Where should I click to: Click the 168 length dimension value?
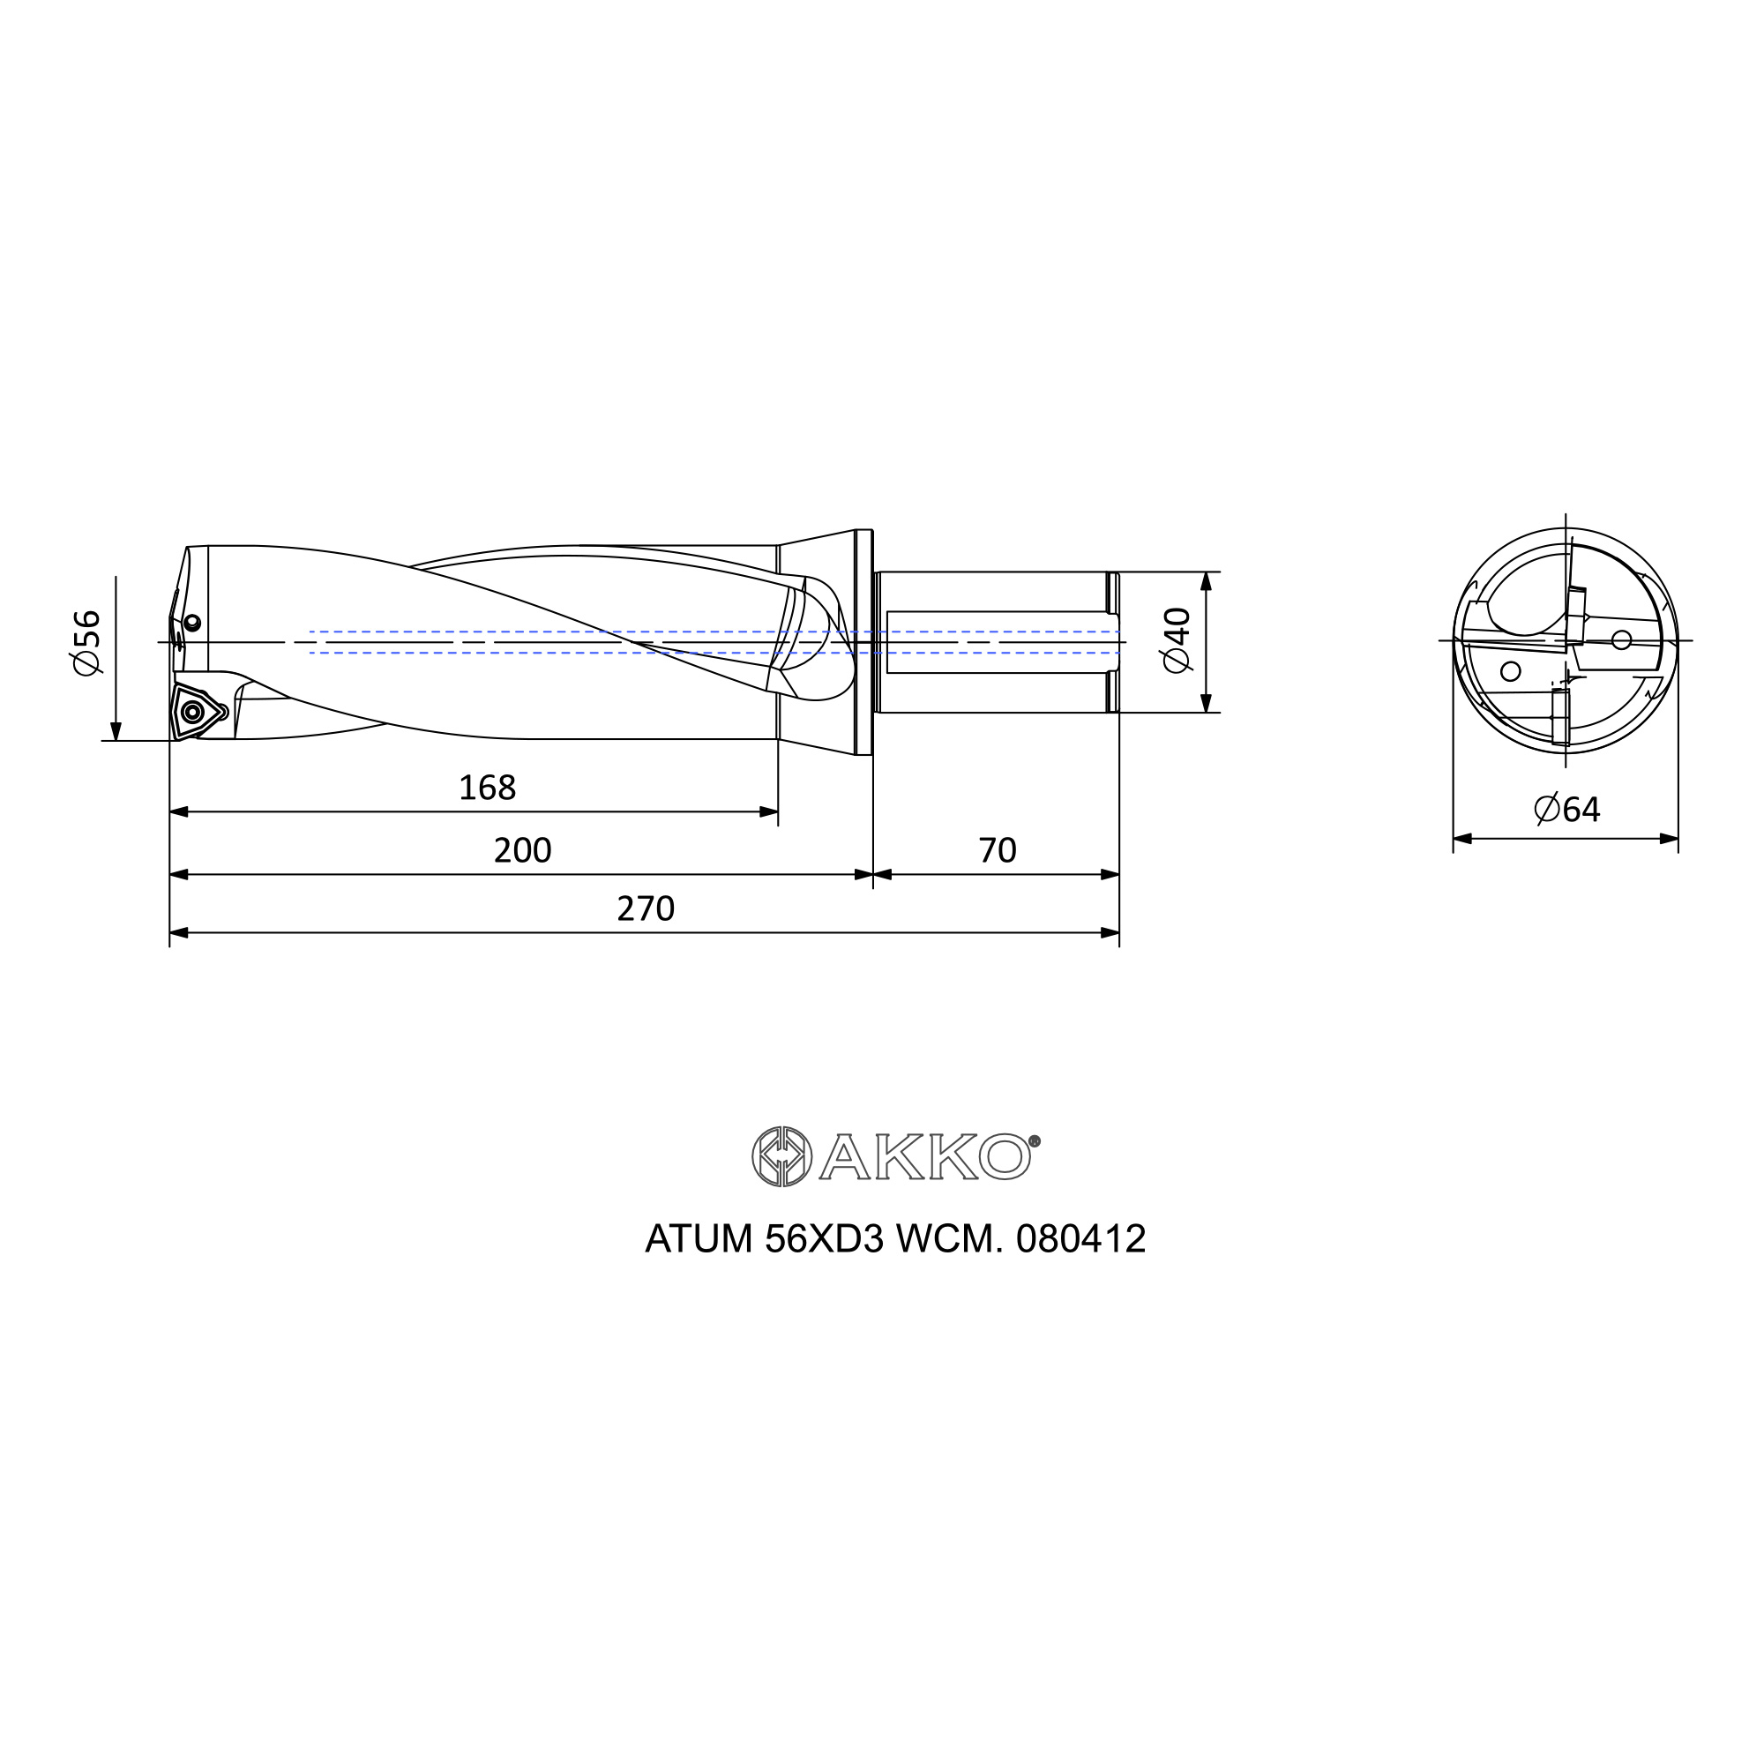pyautogui.click(x=487, y=787)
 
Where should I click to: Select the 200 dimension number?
pyautogui.click(x=522, y=850)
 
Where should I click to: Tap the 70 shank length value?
pyautogui.click(x=997, y=850)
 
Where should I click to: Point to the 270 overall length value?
pyautogui.click(x=646, y=908)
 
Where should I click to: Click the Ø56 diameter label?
pyautogui.click(x=86, y=643)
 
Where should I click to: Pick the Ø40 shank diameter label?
pyautogui.click(x=1177, y=639)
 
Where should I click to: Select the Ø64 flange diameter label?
pyautogui.click(x=1566, y=809)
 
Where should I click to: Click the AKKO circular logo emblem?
pyautogui.click(x=781, y=1157)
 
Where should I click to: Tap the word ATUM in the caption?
pyautogui.click(x=699, y=1239)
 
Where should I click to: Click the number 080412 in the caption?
pyautogui.click(x=1081, y=1239)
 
